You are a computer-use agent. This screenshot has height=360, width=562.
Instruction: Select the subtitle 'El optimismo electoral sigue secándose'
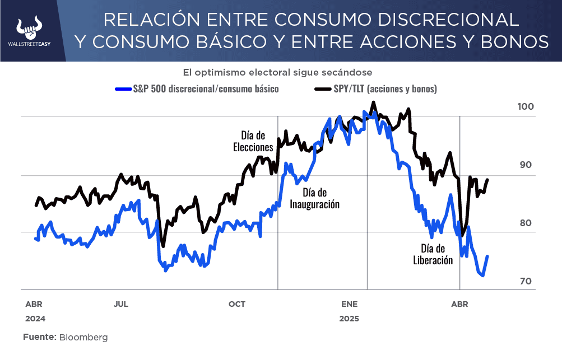tap(277, 72)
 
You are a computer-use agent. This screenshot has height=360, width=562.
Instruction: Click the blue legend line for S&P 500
tap(123, 88)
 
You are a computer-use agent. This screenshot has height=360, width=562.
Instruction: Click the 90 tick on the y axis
tap(526, 165)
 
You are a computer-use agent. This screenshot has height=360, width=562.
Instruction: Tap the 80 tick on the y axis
tap(526, 223)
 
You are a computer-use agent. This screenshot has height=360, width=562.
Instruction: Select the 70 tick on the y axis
tap(526, 281)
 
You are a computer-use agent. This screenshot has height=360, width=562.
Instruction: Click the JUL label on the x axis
tap(121, 305)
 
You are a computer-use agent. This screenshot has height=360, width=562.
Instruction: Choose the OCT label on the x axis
tap(237, 305)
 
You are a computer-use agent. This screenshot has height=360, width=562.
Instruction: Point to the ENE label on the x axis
tap(349, 305)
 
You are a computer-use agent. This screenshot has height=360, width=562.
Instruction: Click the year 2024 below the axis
tap(34, 319)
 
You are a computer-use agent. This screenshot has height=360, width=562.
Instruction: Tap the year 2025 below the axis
tap(349, 319)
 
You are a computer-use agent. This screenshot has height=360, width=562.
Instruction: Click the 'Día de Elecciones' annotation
tap(253, 141)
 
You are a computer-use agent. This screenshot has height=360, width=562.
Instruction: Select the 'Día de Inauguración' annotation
tap(314, 198)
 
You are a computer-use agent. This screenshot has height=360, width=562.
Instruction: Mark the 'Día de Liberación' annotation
tap(433, 254)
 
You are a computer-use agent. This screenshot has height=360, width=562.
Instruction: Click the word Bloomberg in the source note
tap(83, 338)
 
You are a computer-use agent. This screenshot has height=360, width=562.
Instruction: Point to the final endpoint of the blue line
tap(487, 256)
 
